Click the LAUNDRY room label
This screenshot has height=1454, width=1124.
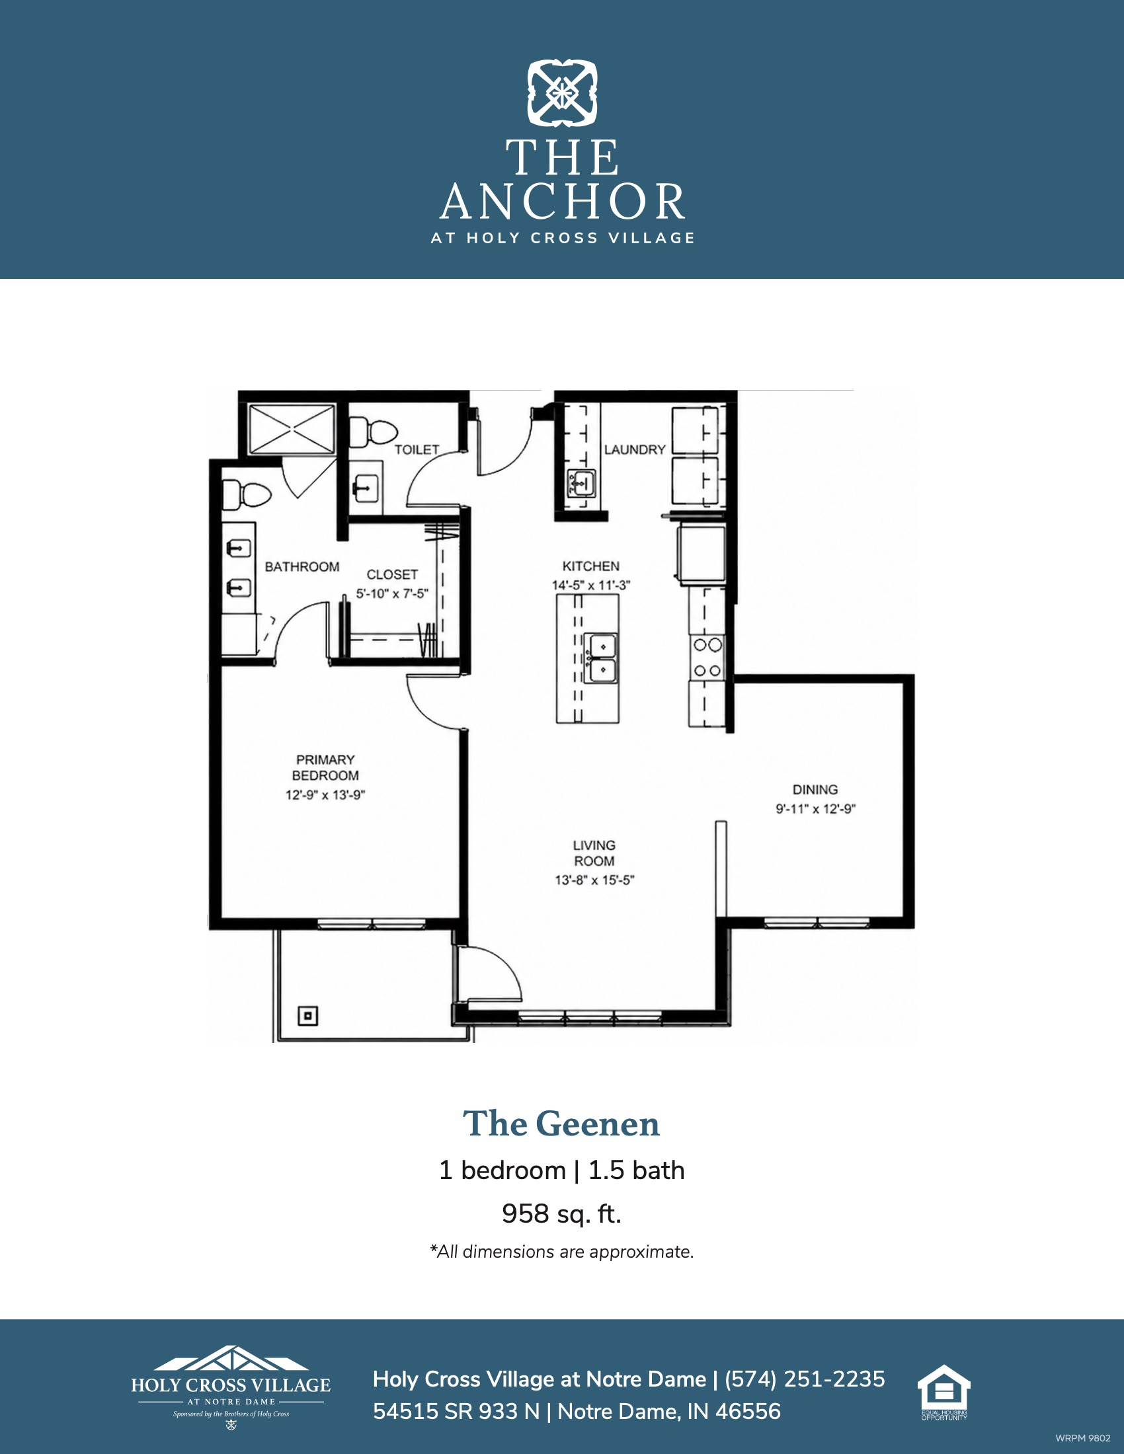[635, 449]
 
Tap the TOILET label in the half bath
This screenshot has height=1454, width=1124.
[417, 449]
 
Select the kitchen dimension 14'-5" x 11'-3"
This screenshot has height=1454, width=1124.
[590, 585]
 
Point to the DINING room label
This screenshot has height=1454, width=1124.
[815, 790]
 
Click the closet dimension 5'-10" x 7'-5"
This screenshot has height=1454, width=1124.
[392, 593]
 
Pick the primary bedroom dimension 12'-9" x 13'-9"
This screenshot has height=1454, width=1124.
[325, 795]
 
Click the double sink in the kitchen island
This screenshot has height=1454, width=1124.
[601, 658]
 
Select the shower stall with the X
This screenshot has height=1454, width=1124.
[292, 430]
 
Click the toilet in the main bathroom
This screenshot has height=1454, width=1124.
[247, 494]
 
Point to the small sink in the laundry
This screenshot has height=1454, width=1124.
[581, 483]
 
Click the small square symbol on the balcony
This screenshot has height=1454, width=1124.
[307, 1016]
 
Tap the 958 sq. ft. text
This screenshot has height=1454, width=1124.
[561, 1213]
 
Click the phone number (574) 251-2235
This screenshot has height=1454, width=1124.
[805, 1379]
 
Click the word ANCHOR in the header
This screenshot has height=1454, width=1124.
[563, 202]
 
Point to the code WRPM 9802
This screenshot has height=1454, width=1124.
[1083, 1438]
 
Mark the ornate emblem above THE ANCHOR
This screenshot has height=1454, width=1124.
[563, 93]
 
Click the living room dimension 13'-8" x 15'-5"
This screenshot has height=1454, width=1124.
[594, 880]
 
